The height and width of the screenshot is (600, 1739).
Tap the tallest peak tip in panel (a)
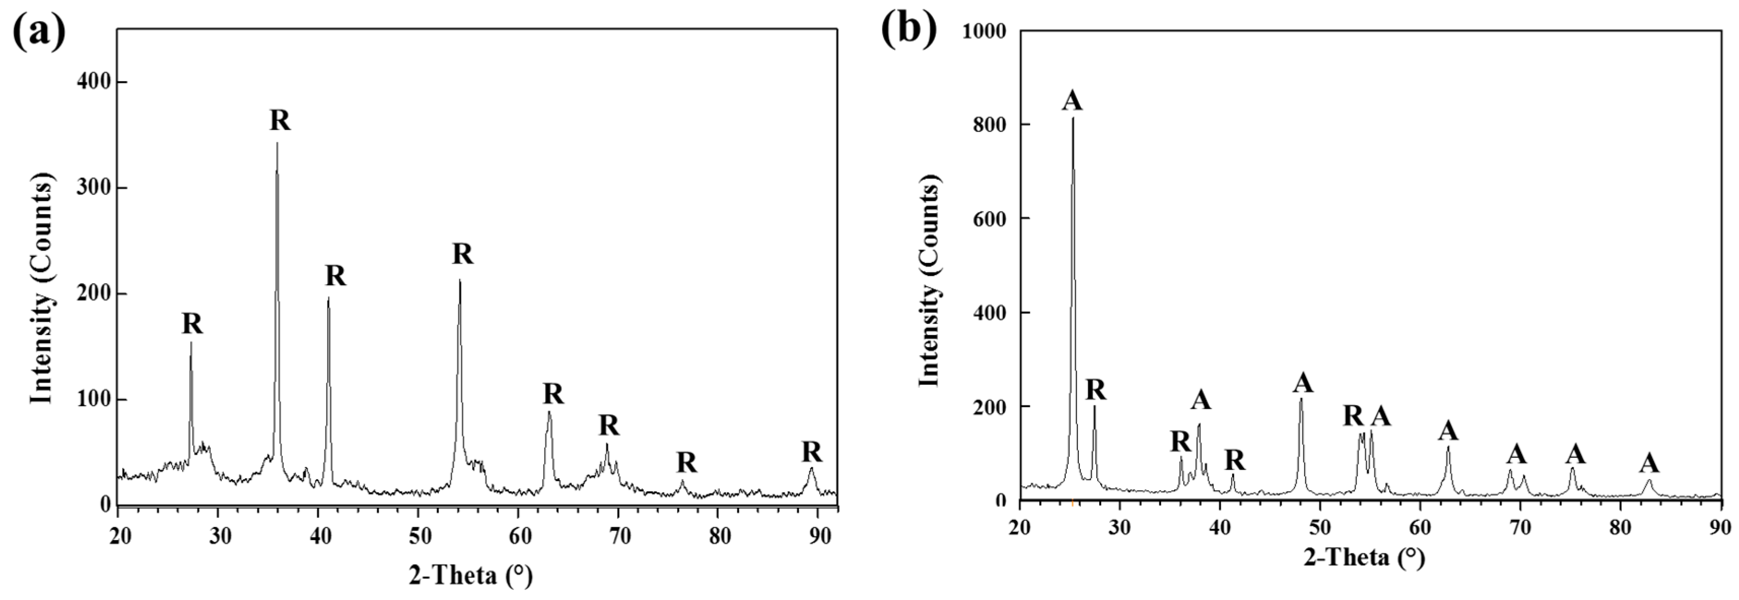point(277,143)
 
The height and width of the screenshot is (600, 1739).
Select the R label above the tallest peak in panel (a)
point(280,121)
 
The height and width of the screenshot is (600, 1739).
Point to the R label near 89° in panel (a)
point(811,451)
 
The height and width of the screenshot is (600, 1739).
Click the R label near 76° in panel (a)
point(686,463)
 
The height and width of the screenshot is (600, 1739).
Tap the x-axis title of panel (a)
point(470,575)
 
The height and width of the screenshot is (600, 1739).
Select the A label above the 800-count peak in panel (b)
point(1072,101)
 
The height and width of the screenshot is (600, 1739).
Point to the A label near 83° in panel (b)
point(1649,463)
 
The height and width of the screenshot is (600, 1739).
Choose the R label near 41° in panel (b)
point(1235,460)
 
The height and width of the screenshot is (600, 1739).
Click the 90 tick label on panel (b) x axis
point(1721,527)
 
